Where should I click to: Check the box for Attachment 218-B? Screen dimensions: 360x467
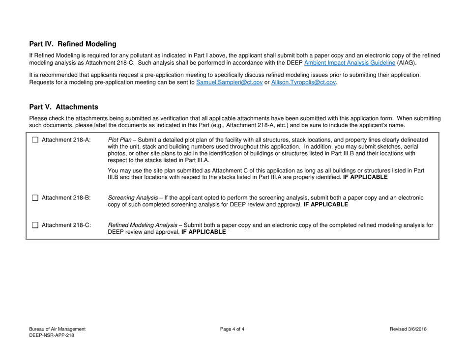click(34, 198)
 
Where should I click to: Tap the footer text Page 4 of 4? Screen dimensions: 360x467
click(233, 329)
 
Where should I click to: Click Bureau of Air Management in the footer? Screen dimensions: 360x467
click(58, 329)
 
